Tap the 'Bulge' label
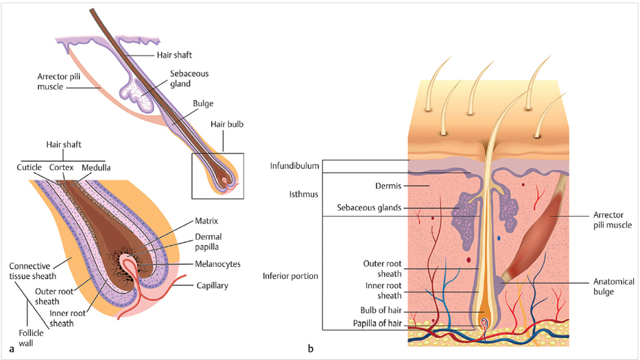pos(203,104)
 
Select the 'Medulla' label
pos(96,167)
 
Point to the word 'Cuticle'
pos(29,167)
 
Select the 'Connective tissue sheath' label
pos(34,270)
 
